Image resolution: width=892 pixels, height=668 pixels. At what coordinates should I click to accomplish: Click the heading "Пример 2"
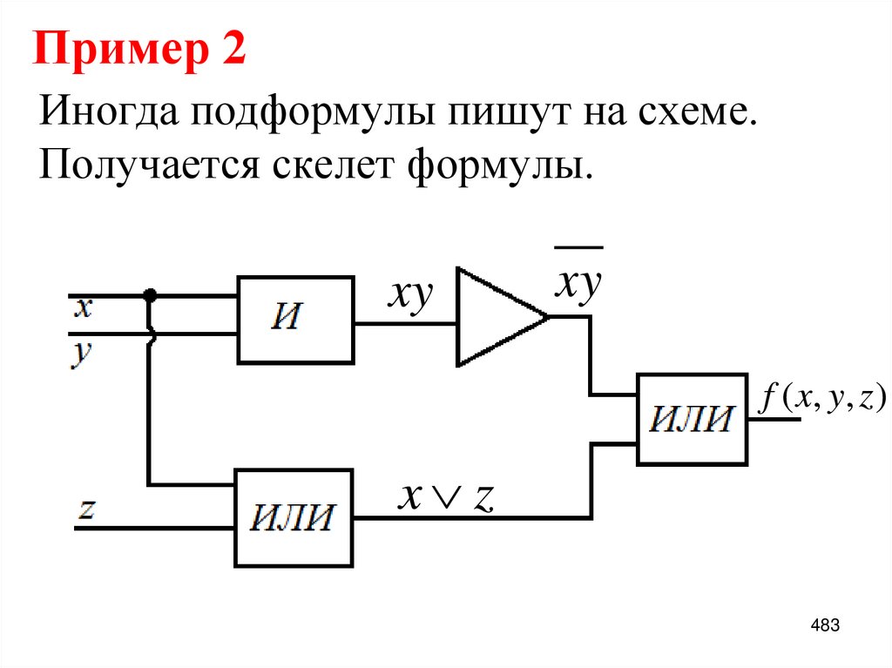[139, 51]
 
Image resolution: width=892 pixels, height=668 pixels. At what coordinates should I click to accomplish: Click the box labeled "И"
[296, 319]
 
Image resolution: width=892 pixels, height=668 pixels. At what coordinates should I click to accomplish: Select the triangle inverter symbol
[497, 317]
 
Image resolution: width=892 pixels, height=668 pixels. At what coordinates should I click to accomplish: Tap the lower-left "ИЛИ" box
[294, 517]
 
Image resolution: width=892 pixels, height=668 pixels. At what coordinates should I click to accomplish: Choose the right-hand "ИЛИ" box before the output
[693, 419]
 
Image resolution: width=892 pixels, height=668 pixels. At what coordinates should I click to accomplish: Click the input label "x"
[83, 307]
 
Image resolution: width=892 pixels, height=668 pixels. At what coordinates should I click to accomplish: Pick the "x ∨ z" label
[446, 496]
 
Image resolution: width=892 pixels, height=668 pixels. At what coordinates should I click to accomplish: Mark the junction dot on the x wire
[151, 295]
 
